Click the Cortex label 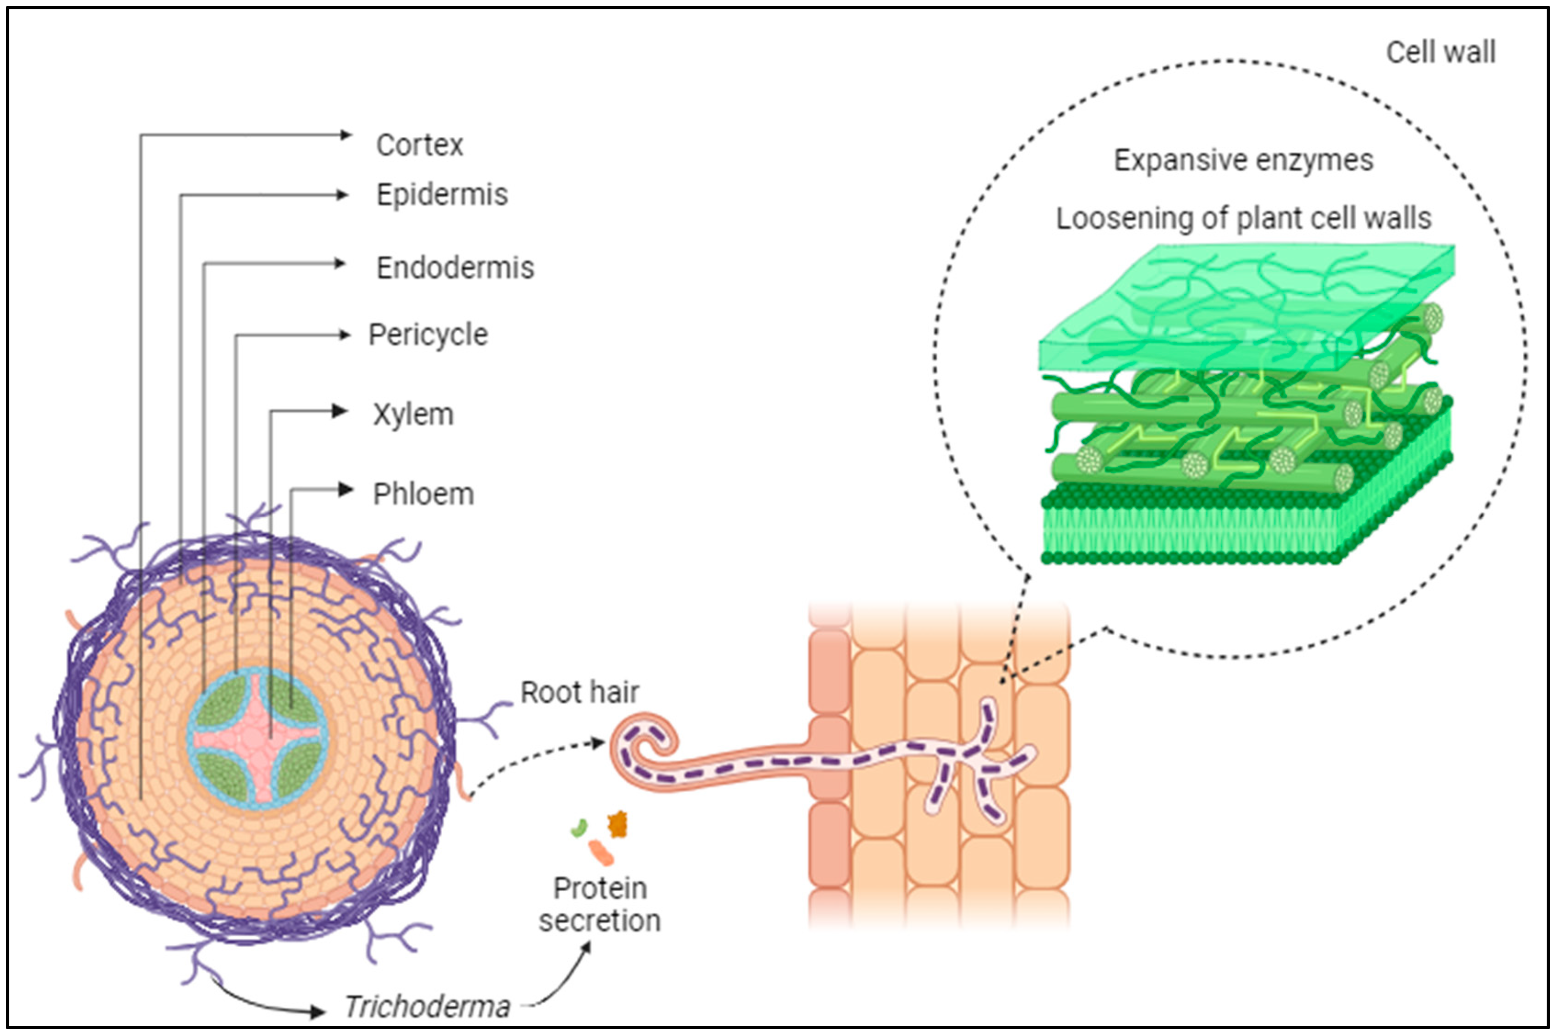pos(419,144)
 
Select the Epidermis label pos(442,195)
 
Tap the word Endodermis pos(455,268)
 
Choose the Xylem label pos(413,414)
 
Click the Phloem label pos(423,494)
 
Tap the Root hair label pos(579,692)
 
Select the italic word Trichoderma pos(427,1007)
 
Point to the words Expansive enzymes pos(1244,161)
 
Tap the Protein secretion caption pos(599,904)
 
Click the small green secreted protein pos(579,828)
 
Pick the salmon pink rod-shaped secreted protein pos(601,852)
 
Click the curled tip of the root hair pos(650,739)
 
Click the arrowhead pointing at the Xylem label pos(341,411)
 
